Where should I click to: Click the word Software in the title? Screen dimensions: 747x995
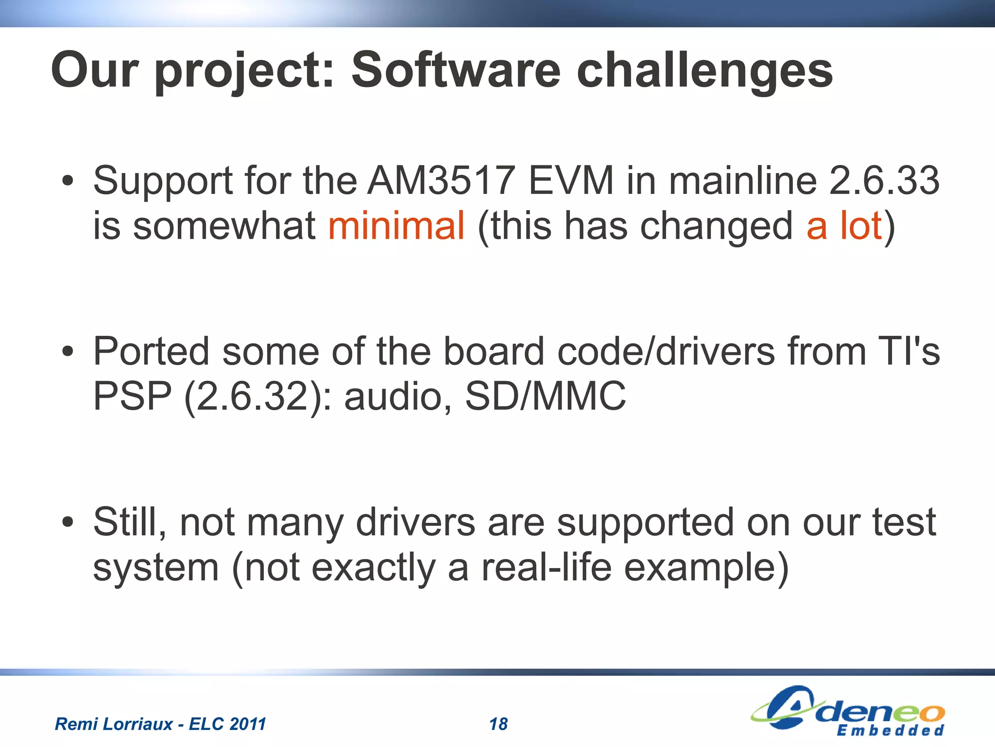[x=455, y=70]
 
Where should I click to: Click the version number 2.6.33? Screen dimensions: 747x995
[x=884, y=181]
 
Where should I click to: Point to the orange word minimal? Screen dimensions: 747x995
[x=396, y=226]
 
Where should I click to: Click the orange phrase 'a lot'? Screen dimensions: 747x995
[x=844, y=226]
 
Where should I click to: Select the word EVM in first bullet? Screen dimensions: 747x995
[x=571, y=181]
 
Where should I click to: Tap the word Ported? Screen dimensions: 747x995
[x=151, y=351]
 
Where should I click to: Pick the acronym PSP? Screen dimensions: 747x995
[x=132, y=397]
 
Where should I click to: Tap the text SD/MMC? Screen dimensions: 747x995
[x=546, y=397]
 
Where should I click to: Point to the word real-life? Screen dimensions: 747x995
[x=546, y=568]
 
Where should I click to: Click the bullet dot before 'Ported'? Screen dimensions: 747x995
[x=68, y=352]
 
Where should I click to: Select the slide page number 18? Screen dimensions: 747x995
[x=498, y=724]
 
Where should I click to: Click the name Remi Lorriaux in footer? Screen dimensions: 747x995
[x=114, y=724]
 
